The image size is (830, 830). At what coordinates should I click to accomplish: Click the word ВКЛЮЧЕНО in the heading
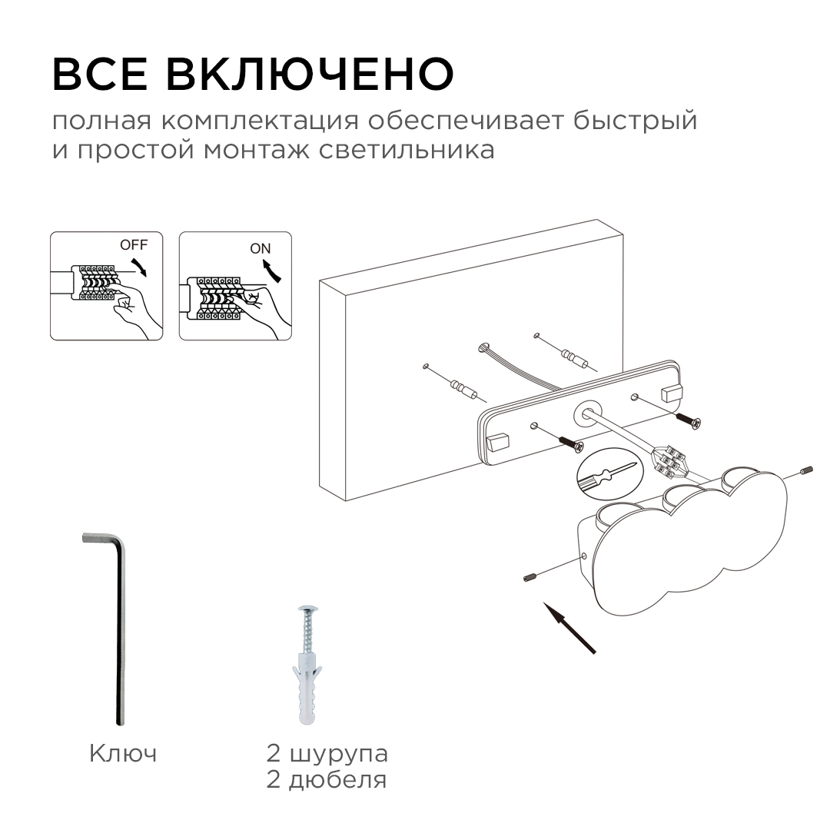(x=310, y=74)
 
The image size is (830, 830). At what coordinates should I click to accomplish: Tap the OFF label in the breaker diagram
(x=132, y=245)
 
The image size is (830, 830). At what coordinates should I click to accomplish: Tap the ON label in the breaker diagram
(x=261, y=248)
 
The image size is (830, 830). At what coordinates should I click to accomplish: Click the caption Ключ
(x=123, y=753)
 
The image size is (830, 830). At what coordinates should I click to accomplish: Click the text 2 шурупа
(x=327, y=753)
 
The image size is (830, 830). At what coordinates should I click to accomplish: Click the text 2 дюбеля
(x=327, y=781)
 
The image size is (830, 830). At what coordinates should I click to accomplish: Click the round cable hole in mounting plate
(x=588, y=413)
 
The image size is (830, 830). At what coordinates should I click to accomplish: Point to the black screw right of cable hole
(x=688, y=420)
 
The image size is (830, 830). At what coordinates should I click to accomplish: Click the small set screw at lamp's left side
(x=529, y=576)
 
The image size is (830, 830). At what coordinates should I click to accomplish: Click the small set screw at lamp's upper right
(x=805, y=470)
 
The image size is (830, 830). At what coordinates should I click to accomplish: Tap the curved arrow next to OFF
(x=140, y=268)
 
